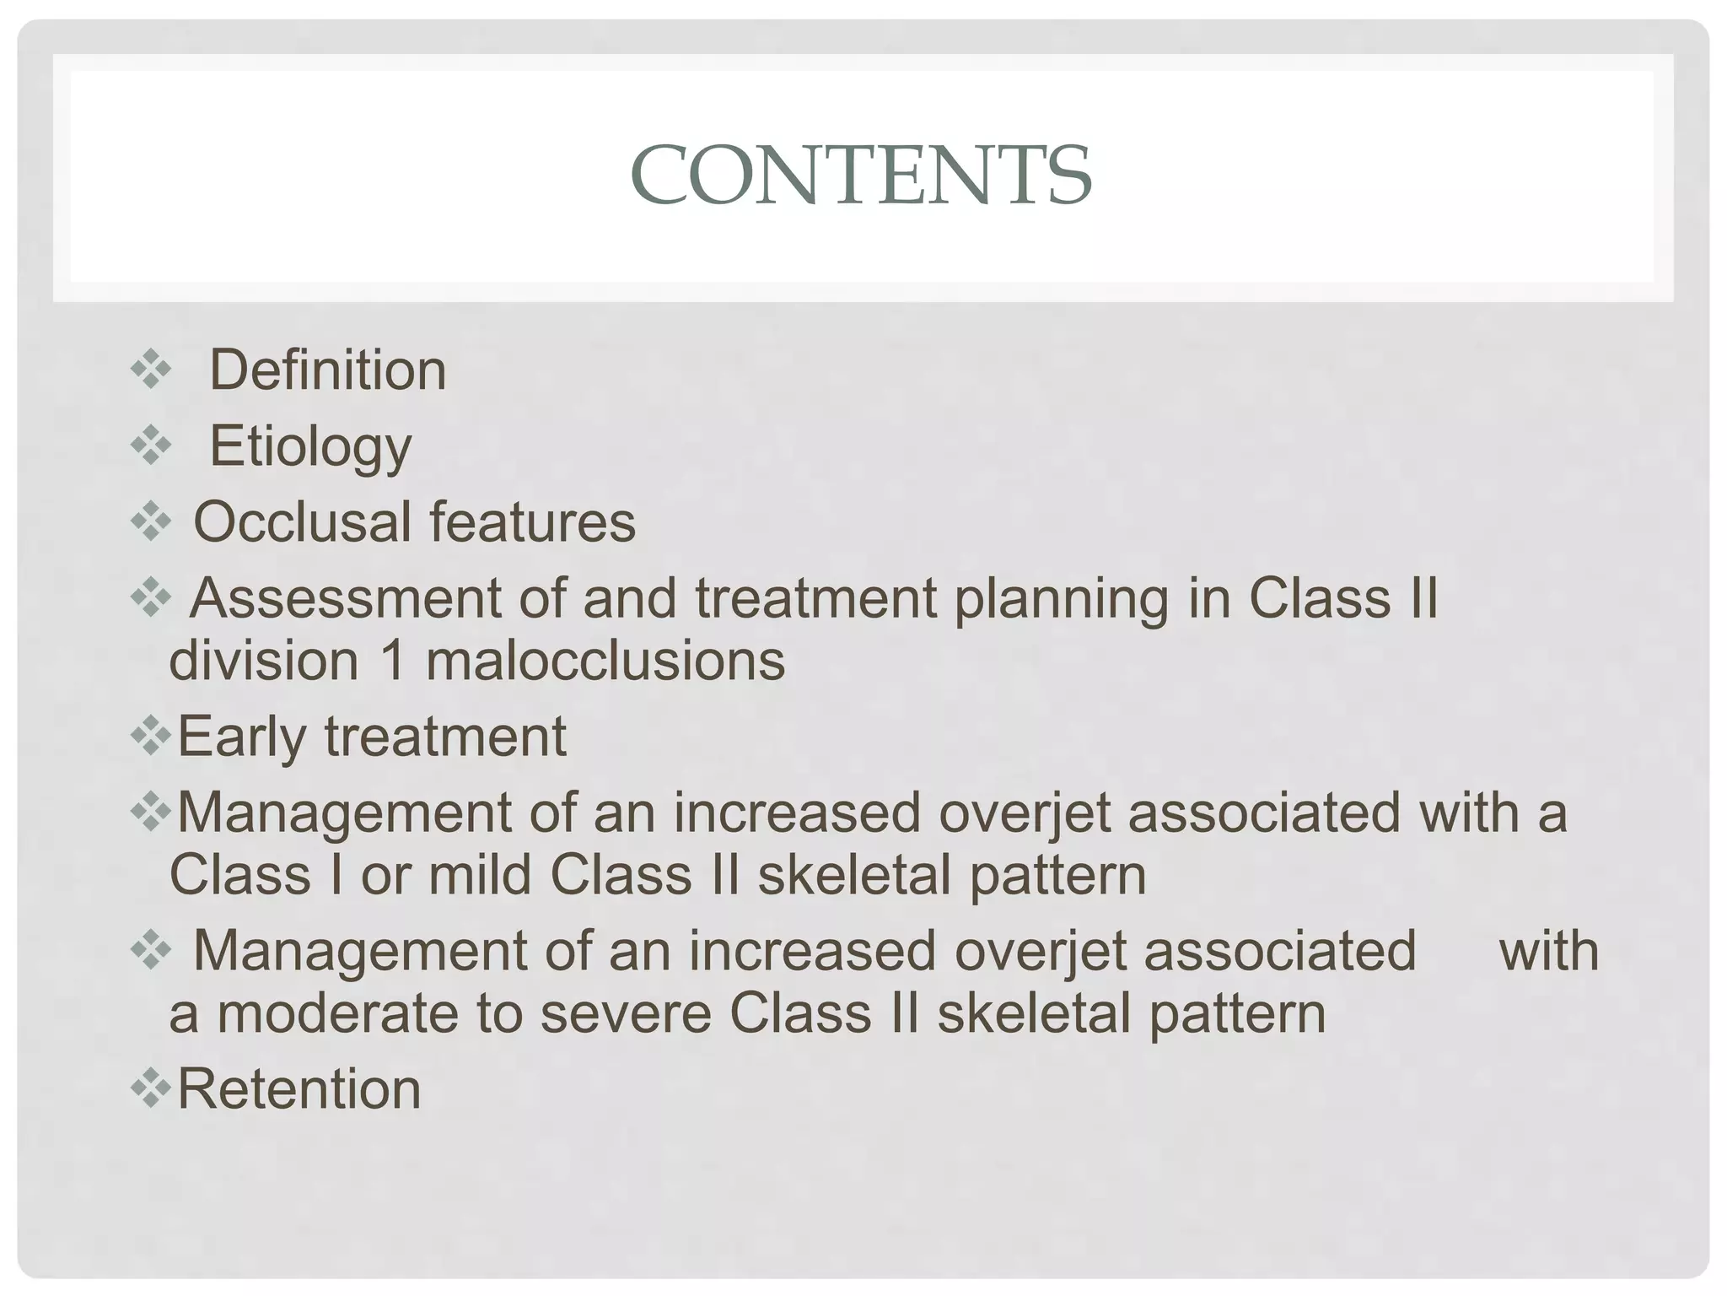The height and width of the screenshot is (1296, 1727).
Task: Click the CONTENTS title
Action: pos(861,175)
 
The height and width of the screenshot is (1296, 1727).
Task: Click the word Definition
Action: pos(327,370)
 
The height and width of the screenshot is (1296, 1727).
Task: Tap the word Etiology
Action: pos(310,446)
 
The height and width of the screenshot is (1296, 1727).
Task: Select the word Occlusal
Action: pos(302,522)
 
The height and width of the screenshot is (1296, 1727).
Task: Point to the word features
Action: pos(532,522)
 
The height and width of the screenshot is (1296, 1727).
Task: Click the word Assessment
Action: pos(345,598)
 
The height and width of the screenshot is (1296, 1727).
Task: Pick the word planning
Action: pos(1062,598)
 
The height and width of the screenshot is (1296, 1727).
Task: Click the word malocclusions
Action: pos(605,661)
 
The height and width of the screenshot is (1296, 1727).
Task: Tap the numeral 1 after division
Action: pos(393,661)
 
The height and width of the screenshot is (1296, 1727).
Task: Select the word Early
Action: pos(241,737)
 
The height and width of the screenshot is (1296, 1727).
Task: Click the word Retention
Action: pos(299,1088)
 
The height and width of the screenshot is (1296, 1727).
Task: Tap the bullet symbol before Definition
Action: pos(151,370)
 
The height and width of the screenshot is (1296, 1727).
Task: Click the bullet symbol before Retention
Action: pos(151,1088)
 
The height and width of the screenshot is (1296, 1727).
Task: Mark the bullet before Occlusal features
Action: pos(151,521)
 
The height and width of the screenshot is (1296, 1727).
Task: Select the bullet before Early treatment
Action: pos(151,737)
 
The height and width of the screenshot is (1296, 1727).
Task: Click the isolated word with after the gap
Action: pos(1548,951)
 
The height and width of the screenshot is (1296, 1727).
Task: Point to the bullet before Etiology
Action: pos(151,445)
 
